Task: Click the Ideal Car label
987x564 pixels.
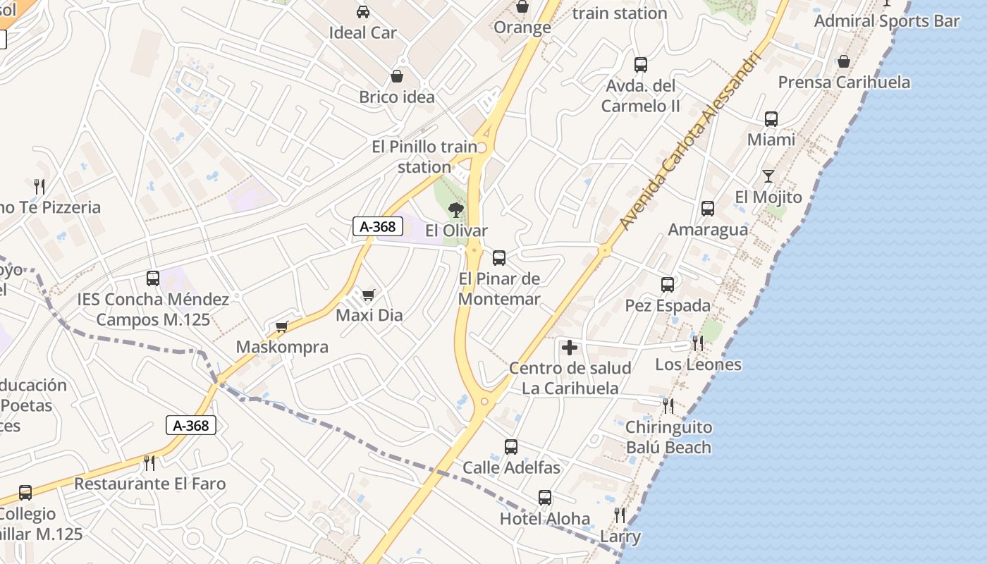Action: point(362,32)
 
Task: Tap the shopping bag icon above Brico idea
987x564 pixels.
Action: point(397,76)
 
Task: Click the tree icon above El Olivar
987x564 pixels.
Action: point(456,209)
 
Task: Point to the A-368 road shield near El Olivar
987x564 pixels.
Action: point(378,226)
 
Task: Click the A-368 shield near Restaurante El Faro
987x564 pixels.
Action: point(191,425)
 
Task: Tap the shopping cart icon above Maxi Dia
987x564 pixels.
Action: point(369,295)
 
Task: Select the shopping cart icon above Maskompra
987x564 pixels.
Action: point(282,326)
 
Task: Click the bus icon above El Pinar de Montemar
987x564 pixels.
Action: point(499,257)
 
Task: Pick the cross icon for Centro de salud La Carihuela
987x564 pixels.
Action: point(570,348)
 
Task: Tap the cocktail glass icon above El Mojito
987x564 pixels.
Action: point(768,176)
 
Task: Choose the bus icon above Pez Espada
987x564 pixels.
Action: point(668,285)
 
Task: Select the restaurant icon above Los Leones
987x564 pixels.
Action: point(698,343)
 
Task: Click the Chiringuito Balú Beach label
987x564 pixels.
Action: point(668,437)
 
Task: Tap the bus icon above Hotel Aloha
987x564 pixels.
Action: point(545,498)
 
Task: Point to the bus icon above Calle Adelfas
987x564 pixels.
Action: point(511,447)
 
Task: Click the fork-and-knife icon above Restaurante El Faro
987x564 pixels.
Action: point(149,462)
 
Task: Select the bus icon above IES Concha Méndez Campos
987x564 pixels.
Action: point(153,278)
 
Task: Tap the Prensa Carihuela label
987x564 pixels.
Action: point(844,82)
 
